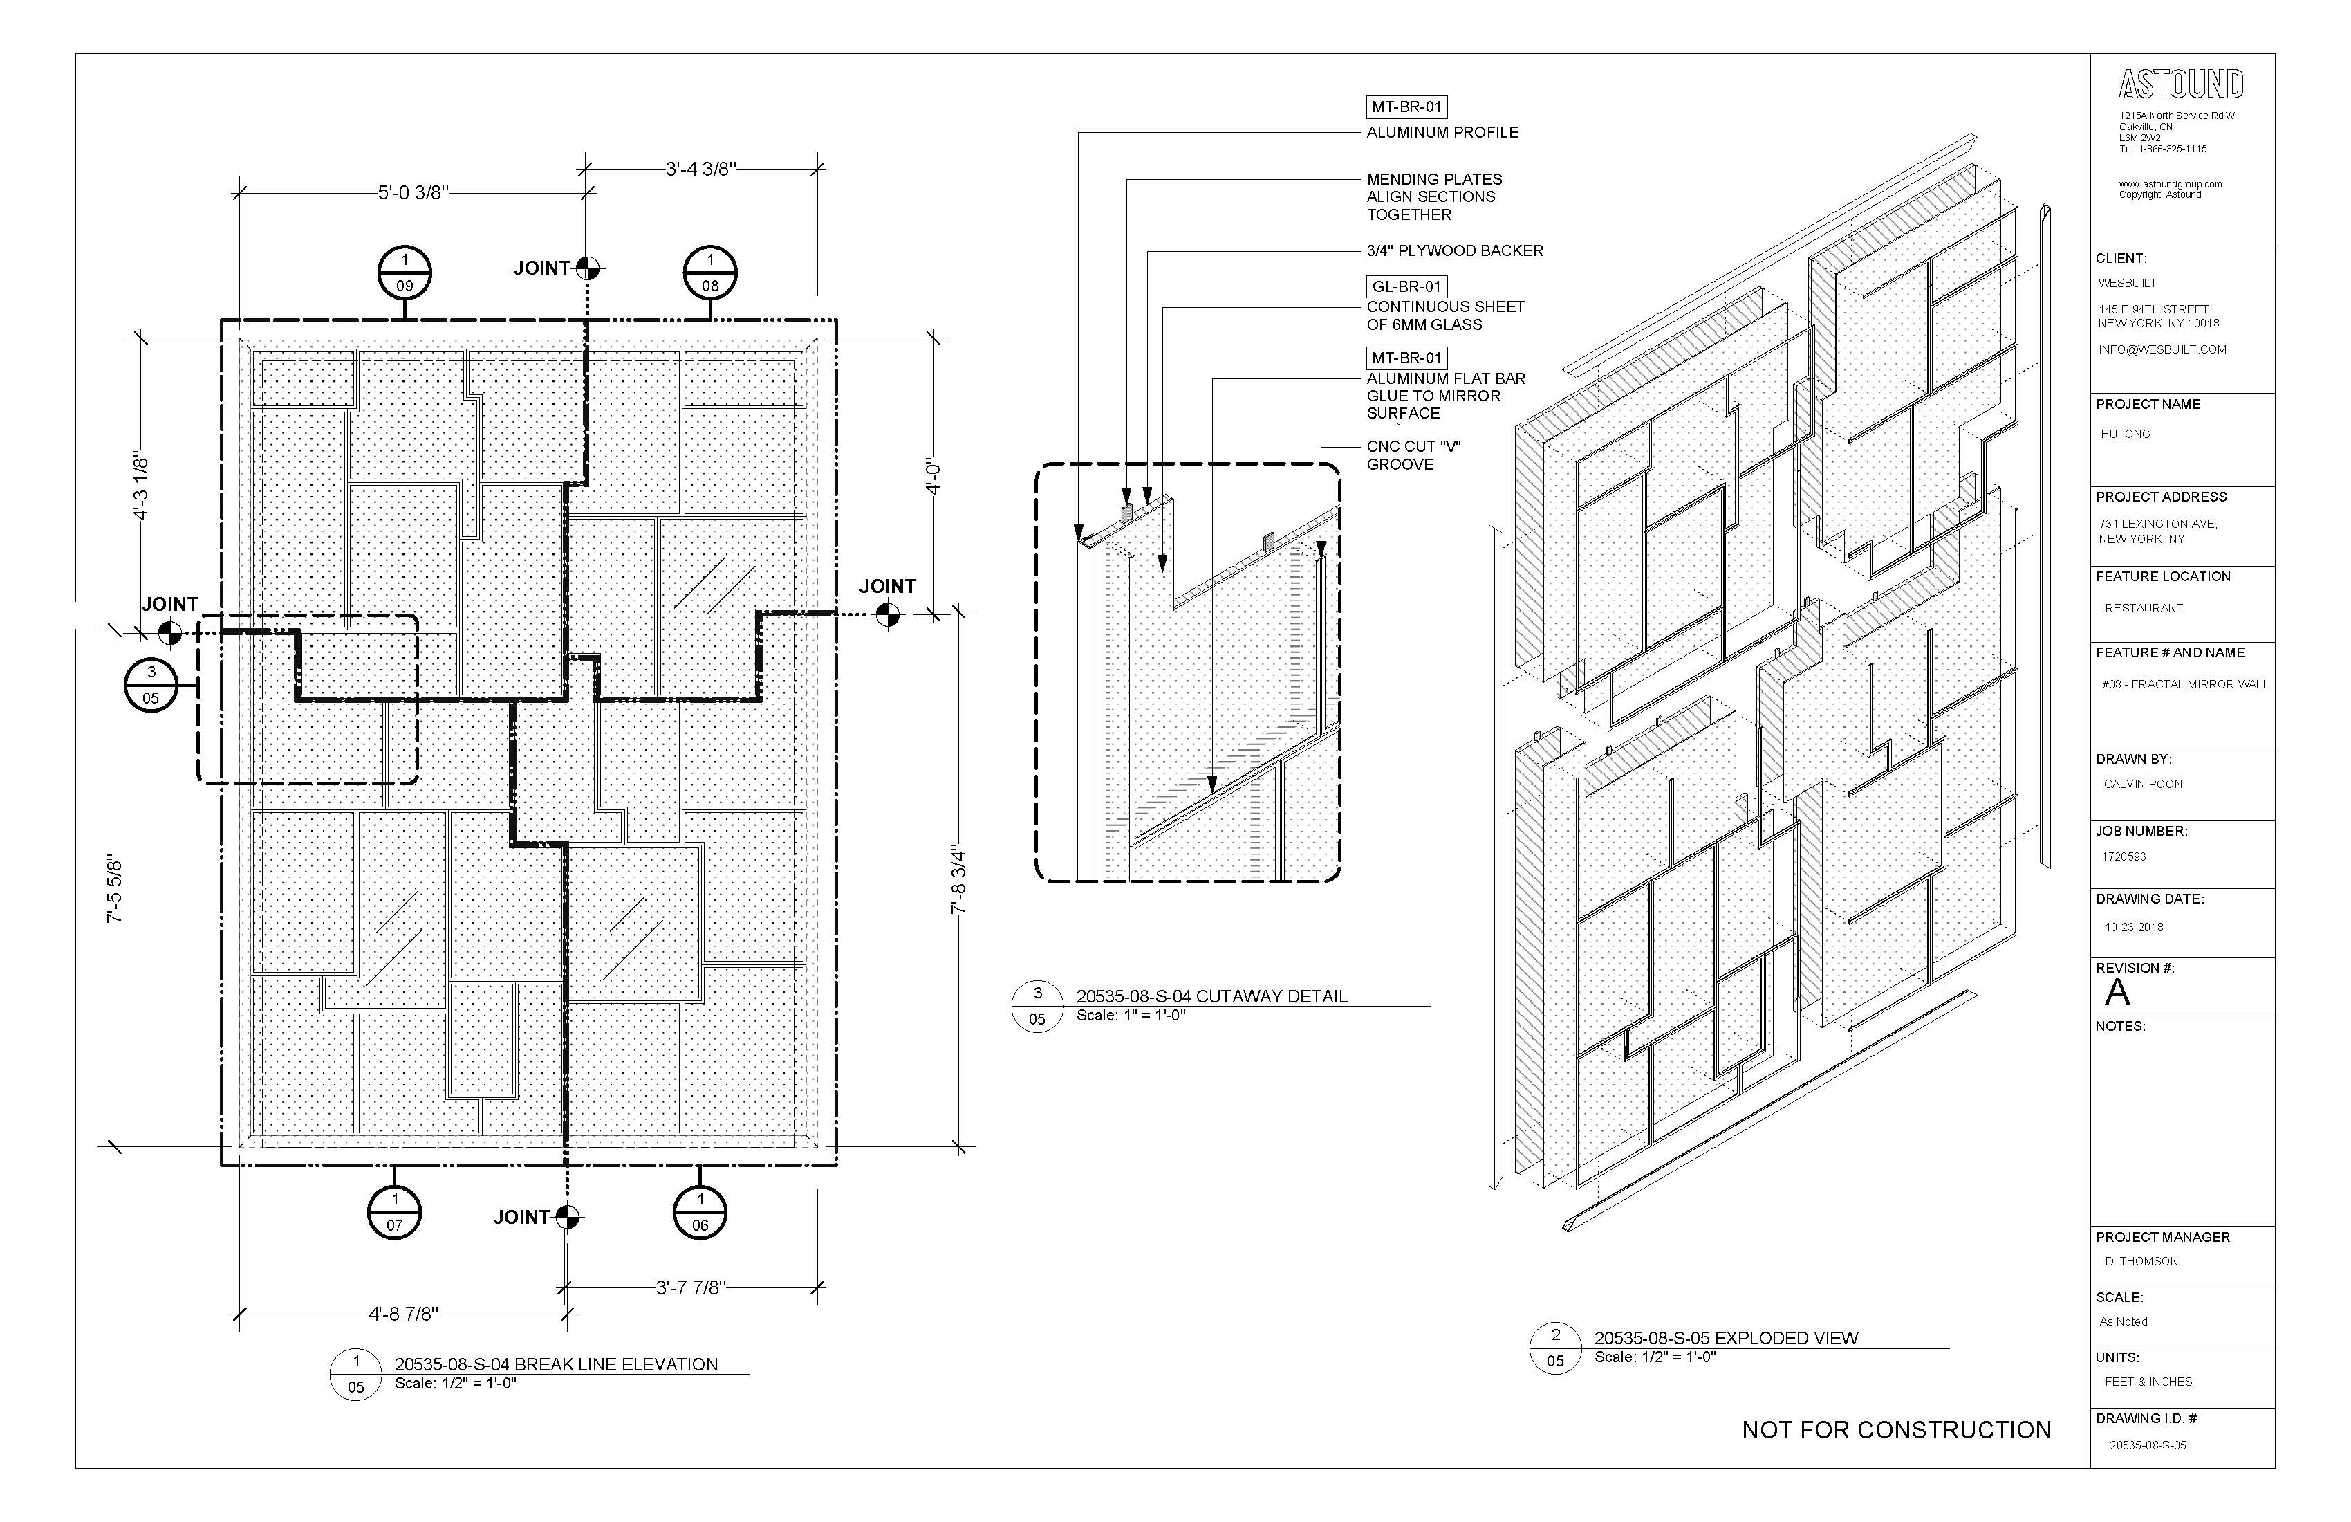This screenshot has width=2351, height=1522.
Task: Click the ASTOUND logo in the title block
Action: [x=2180, y=85]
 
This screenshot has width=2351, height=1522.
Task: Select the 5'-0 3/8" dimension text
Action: [x=413, y=193]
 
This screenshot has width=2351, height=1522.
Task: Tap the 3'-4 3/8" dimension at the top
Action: [x=701, y=169]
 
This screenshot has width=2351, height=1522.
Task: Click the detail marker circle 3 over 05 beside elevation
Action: [x=151, y=684]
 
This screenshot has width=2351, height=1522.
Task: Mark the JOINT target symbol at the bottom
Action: [x=566, y=1217]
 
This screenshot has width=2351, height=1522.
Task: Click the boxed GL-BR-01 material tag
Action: [x=1406, y=286]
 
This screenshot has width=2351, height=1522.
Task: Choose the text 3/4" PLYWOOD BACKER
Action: [x=1454, y=251]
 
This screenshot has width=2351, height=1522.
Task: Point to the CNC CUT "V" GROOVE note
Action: [x=1413, y=456]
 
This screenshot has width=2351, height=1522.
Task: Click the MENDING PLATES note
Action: [x=1433, y=196]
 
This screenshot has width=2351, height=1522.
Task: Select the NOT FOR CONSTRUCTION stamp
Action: [x=1895, y=1430]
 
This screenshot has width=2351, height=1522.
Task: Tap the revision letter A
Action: [x=2116, y=992]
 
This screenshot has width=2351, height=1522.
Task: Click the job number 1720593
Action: [x=2124, y=857]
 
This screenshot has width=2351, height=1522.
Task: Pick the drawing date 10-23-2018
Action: [x=2134, y=927]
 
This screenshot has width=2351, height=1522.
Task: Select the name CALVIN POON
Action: [x=2143, y=784]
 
